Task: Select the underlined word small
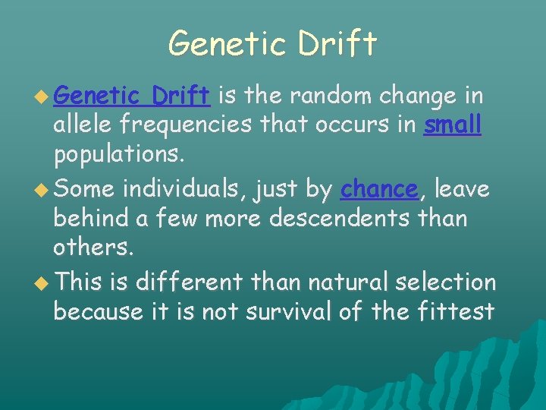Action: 453,125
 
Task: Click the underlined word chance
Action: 379,189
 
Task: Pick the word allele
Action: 82,125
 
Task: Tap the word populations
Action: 118,155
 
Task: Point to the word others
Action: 86,248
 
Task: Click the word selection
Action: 447,282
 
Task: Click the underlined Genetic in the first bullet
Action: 99,96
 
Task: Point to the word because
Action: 98,311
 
